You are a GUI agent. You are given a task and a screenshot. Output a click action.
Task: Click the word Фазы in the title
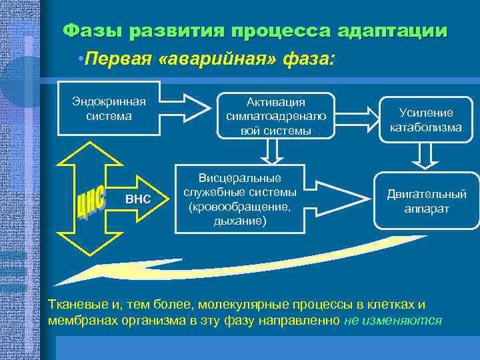(93, 31)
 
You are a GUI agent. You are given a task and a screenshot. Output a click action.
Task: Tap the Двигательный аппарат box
(427, 202)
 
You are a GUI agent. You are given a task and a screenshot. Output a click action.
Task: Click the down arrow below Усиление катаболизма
(427, 155)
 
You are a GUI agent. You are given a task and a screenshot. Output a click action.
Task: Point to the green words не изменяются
(393, 320)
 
